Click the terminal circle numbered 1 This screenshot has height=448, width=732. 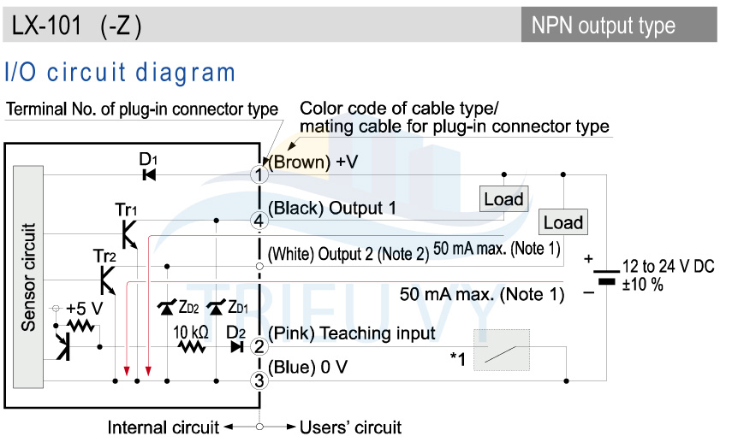[259, 175]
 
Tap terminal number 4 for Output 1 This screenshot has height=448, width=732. [259, 221]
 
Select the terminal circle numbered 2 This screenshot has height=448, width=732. [259, 347]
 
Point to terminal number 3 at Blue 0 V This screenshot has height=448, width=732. [259, 380]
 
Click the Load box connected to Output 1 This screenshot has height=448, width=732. [503, 199]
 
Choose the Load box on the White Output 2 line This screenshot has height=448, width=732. [563, 222]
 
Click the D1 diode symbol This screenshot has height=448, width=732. [149, 175]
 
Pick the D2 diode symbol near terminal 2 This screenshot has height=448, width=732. [237, 347]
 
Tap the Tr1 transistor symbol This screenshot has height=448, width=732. [129, 234]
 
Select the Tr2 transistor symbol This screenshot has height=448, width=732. [108, 280]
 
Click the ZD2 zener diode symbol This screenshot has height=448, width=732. [167, 307]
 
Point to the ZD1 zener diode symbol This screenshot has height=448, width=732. [216, 307]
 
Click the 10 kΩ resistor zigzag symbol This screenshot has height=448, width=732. [192, 347]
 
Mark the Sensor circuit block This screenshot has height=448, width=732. [28, 277]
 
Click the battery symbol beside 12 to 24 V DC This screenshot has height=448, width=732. [606, 276]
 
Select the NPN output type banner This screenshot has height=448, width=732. [619, 25]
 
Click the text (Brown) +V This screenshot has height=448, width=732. [313, 162]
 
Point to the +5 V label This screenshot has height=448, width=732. [85, 309]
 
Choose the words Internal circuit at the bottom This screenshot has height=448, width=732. [163, 427]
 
